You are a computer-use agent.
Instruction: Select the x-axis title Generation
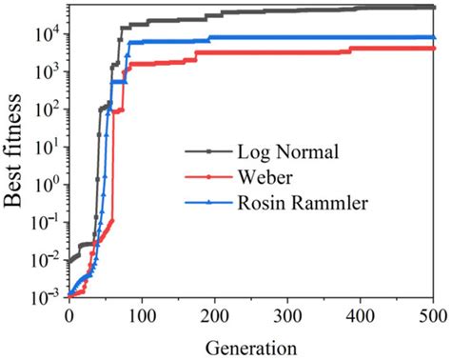click(x=250, y=347)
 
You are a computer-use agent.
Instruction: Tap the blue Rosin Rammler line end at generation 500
click(x=434, y=37)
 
